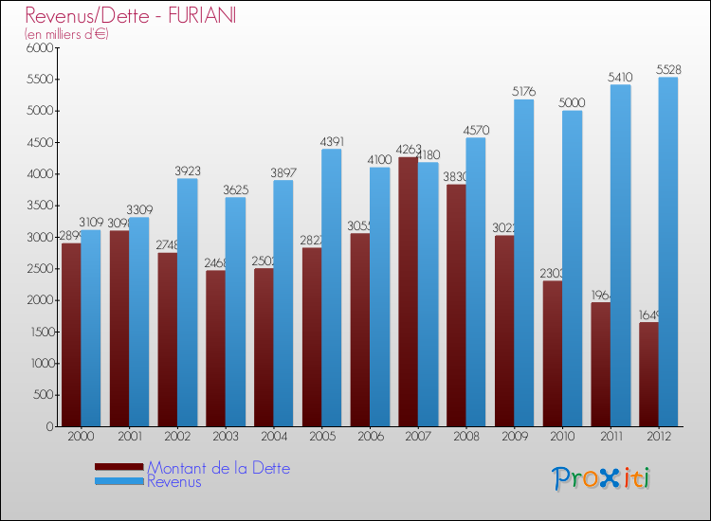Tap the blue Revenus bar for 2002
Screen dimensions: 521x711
click(187, 302)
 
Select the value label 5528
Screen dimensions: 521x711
click(667, 69)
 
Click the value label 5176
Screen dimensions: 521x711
click(523, 92)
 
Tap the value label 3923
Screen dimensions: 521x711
click(187, 171)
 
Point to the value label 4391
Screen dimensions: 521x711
click(331, 141)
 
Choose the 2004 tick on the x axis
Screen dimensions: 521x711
click(273, 437)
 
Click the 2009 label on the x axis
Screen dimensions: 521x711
click(514, 437)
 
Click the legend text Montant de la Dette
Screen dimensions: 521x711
click(218, 468)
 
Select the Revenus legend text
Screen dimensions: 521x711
click(174, 481)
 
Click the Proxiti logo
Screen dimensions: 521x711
click(601, 478)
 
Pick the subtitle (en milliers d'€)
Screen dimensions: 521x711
click(67, 35)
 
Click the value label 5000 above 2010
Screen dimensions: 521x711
click(572, 102)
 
